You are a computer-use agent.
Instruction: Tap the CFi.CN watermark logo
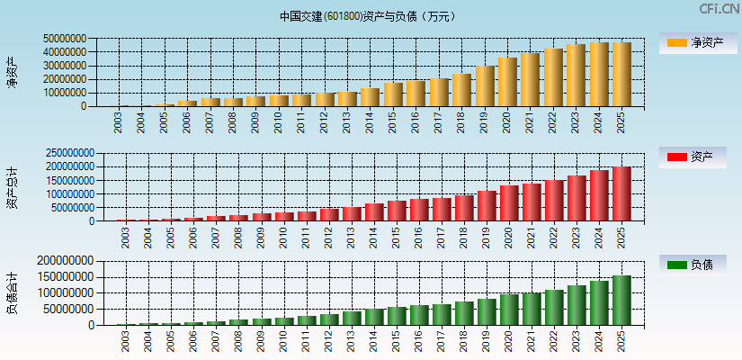pyautogui.click(x=720, y=9)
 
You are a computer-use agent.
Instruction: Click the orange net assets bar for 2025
pyautogui.click(x=621, y=74)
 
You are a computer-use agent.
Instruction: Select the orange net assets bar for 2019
pyautogui.click(x=485, y=85)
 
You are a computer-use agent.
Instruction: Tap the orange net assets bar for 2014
pyautogui.click(x=370, y=96)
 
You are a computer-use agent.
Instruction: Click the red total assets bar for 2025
pyautogui.click(x=621, y=193)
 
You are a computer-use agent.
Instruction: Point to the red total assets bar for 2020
pyautogui.click(x=508, y=202)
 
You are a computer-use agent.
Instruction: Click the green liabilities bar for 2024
pyautogui.click(x=599, y=302)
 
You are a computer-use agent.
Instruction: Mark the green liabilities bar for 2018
pyautogui.click(x=463, y=312)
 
